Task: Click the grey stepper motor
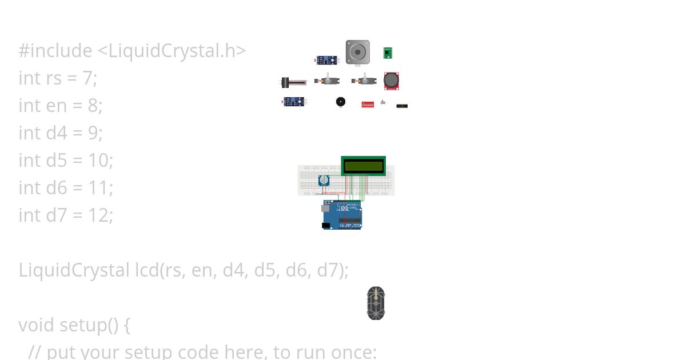(x=357, y=52)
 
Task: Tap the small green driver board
(x=388, y=53)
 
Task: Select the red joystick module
(x=391, y=81)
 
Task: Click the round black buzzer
(x=341, y=102)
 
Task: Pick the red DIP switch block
(x=368, y=105)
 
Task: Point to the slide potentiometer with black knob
(x=292, y=82)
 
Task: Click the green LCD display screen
(x=363, y=166)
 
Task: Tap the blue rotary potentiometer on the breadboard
(x=324, y=181)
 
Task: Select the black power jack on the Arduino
(x=326, y=226)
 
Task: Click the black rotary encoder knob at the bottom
(x=376, y=303)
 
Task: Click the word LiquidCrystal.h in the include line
(x=171, y=51)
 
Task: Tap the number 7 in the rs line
(x=87, y=78)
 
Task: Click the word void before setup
(x=37, y=325)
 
